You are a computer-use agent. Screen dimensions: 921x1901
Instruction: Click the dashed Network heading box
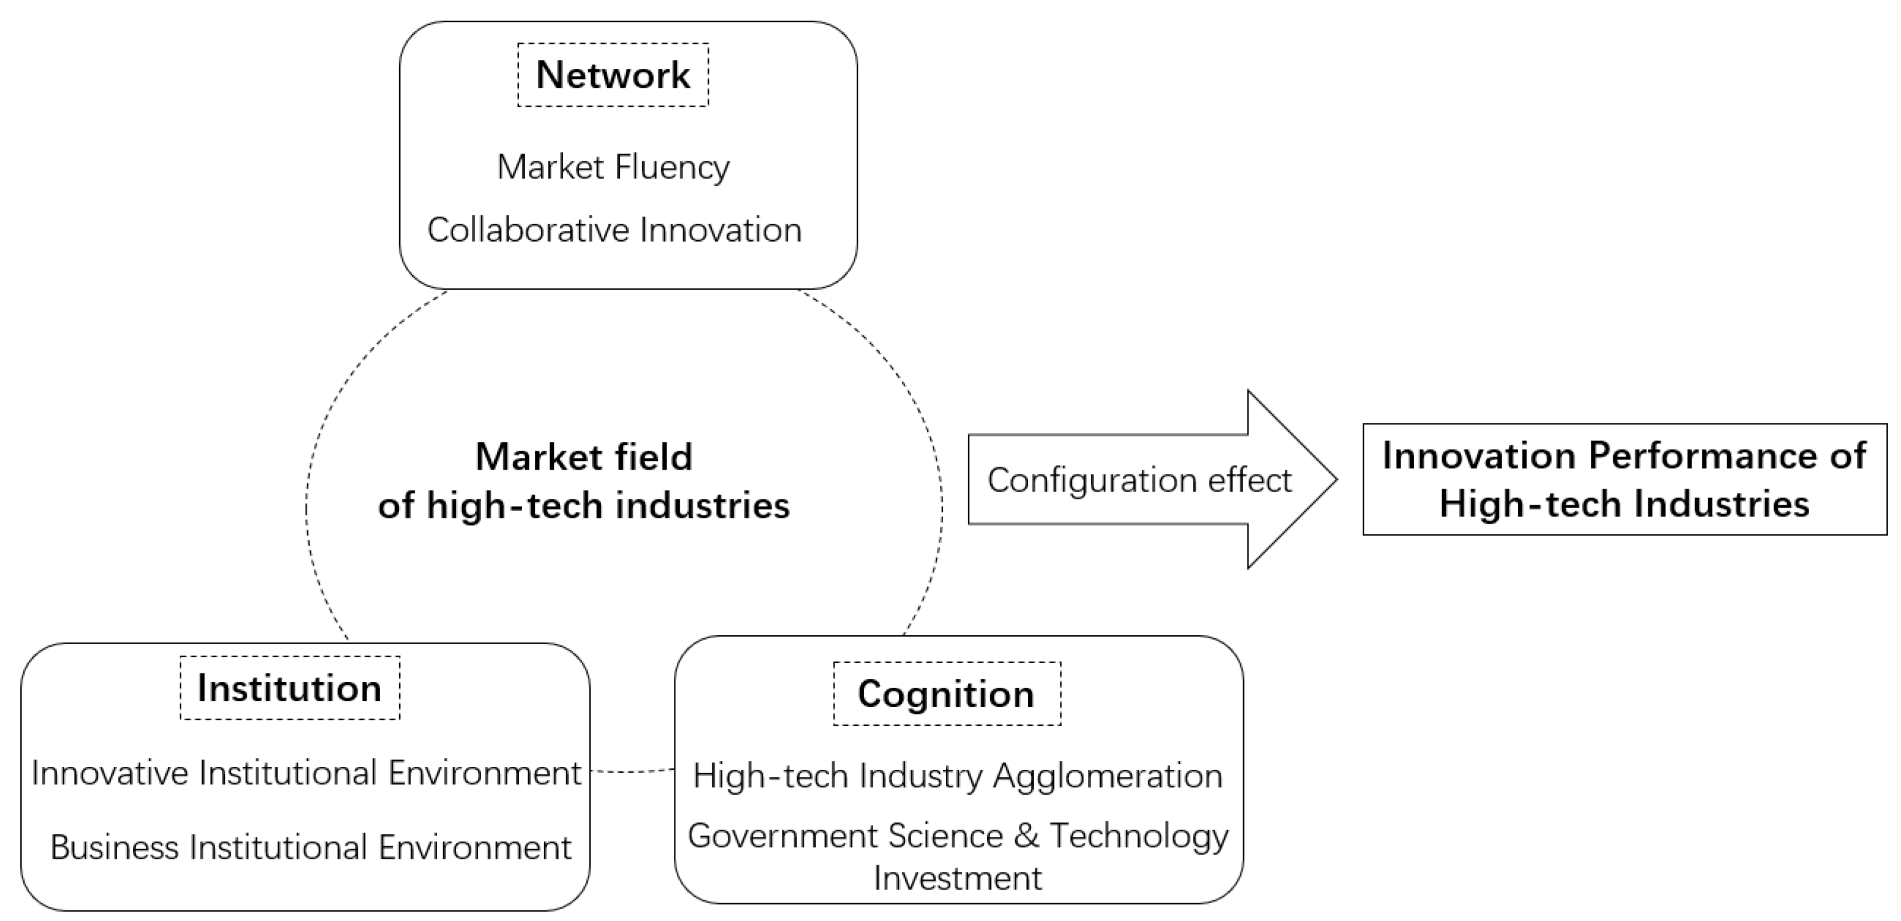coord(613,75)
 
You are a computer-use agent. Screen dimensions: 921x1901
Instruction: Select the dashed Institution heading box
coord(289,688)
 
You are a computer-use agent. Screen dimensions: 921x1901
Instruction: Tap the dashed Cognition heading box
coord(946,694)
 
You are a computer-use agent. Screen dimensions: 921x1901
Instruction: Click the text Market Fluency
coord(613,167)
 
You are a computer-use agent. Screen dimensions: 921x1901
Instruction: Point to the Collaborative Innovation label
coord(614,230)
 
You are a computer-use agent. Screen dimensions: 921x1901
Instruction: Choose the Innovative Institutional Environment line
coord(306,773)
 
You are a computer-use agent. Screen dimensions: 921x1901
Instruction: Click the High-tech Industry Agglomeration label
coord(957,776)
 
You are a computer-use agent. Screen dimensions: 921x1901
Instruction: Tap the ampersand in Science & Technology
coord(1026,836)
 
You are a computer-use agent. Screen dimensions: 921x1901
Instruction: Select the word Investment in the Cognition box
coord(957,878)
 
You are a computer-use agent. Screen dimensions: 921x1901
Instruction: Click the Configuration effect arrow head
coord(1291,480)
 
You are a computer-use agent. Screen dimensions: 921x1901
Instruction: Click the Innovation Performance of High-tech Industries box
coord(1623,480)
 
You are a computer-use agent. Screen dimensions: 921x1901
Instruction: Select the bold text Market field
coord(584,457)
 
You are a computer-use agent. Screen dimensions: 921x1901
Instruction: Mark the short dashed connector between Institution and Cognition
coord(632,771)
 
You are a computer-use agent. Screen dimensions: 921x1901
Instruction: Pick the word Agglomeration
coord(1107,776)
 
